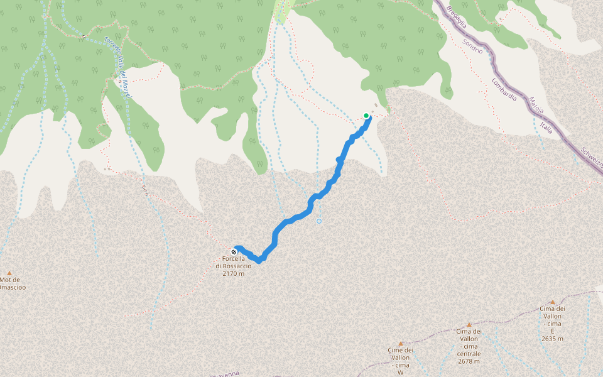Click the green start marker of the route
click(x=366, y=116)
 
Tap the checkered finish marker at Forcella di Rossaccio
click(x=234, y=252)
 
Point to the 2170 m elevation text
click(x=233, y=273)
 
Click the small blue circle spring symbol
click(x=319, y=221)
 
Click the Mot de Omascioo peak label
click(x=13, y=283)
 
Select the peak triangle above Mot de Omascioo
click(x=9, y=272)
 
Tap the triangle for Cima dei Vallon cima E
click(x=552, y=302)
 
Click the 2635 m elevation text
click(x=552, y=339)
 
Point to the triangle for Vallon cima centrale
click(x=469, y=325)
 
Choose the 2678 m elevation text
click(x=469, y=361)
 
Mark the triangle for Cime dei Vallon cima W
click(x=400, y=344)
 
